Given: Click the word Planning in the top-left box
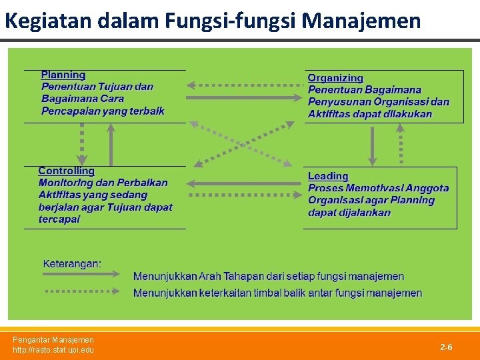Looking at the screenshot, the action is [63, 75].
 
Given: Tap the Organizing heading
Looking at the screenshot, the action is [335, 78].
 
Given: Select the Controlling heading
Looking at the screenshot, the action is [67, 171].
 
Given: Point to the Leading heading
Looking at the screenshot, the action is [328, 176].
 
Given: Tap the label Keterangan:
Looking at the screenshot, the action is [72, 263].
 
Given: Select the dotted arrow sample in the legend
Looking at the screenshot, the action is [83, 291].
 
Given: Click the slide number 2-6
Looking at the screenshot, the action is [446, 347].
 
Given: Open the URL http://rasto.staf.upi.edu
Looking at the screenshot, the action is [53, 350].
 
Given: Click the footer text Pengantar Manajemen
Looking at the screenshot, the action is [53, 340].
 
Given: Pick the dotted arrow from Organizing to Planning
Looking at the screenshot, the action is [243, 85].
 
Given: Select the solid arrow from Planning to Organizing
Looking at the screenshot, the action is [243, 98].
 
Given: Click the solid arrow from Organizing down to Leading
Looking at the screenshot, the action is [373, 145].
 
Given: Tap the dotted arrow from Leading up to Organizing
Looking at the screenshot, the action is [401, 145].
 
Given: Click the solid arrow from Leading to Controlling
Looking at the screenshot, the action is [243, 183].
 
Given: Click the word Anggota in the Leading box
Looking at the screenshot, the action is [427, 189].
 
